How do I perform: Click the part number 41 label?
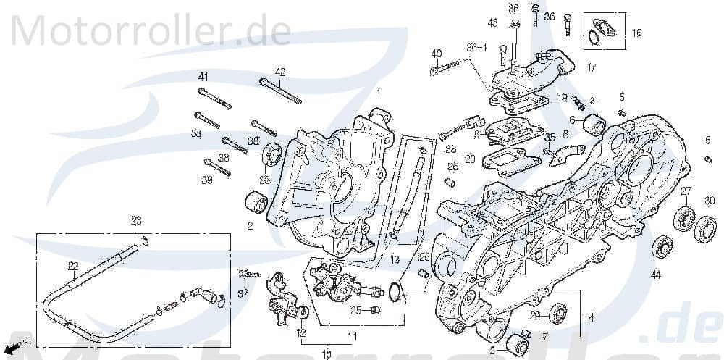(203, 77)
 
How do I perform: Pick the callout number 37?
(242, 293)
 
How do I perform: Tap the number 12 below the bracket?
(300, 333)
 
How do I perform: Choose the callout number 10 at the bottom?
(326, 354)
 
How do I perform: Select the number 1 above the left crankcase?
(377, 93)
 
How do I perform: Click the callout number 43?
(492, 23)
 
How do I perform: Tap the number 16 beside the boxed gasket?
(636, 33)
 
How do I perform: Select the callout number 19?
(562, 97)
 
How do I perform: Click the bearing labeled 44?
(662, 246)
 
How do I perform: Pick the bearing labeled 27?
(684, 218)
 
